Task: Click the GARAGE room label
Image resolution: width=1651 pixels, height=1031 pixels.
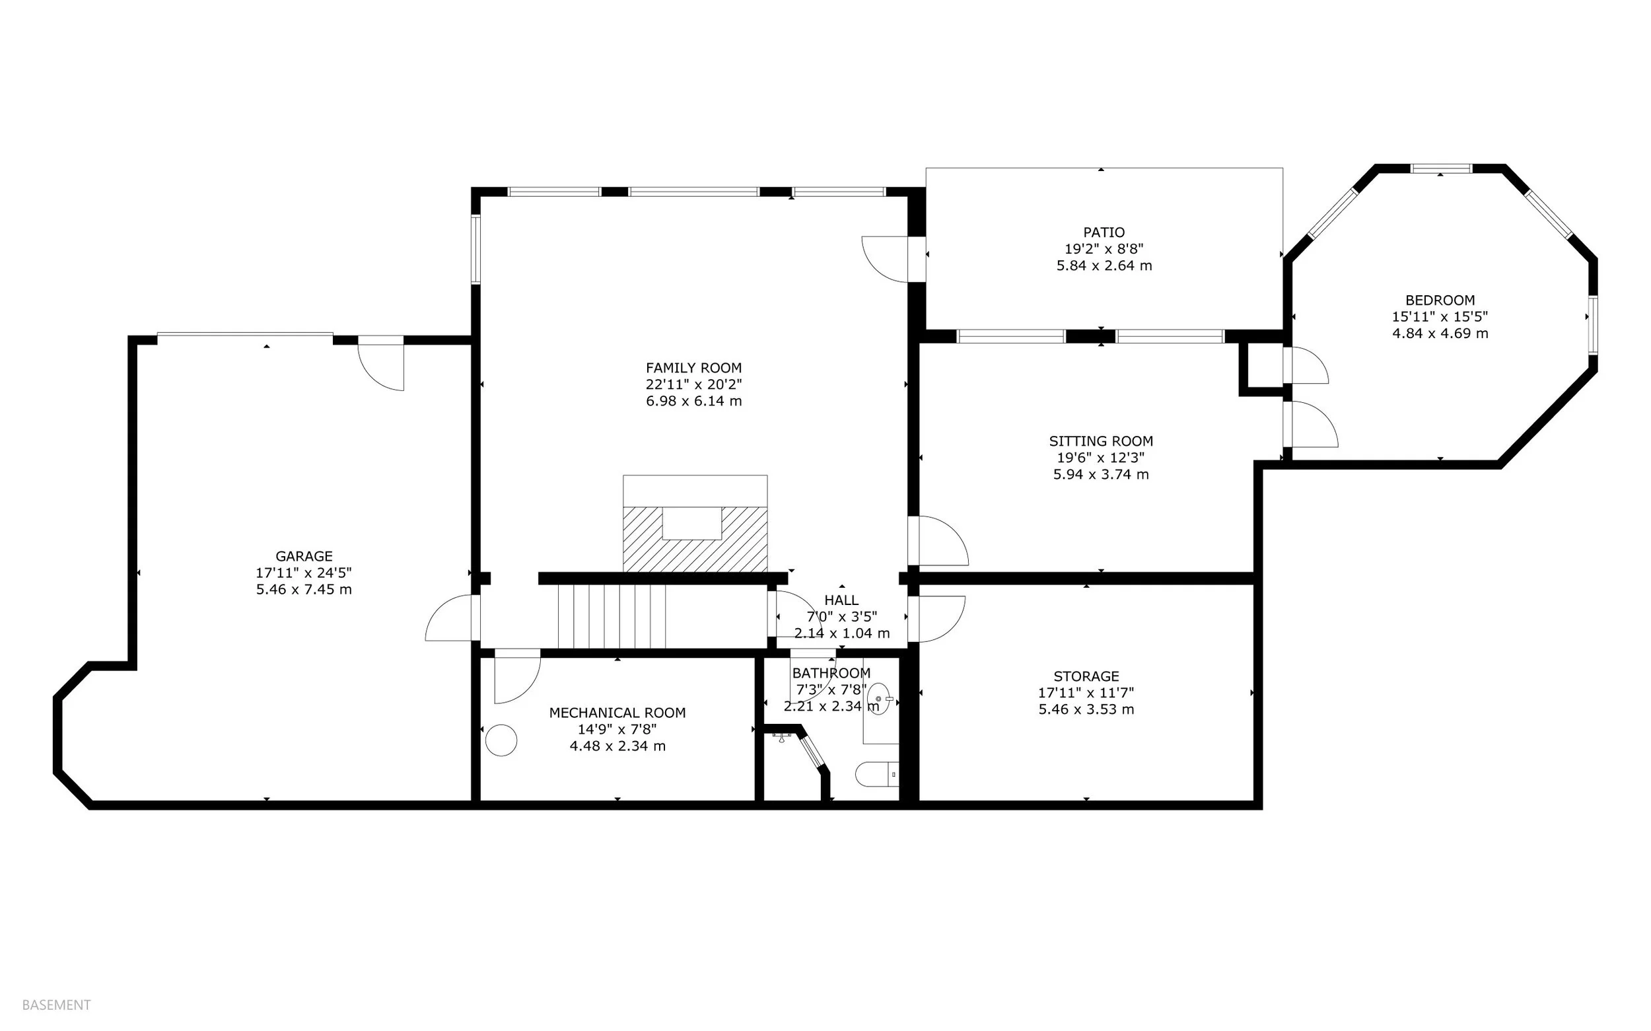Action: pos(304,556)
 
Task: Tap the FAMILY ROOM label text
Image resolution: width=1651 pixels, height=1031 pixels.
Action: pos(694,369)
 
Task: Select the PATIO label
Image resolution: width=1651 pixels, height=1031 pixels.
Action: pos(1104,232)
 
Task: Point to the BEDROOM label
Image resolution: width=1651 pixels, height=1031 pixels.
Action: pos(1440,300)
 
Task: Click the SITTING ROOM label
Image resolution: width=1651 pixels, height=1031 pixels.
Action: pos(1101,441)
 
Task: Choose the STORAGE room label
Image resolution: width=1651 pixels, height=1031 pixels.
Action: pos(1086,676)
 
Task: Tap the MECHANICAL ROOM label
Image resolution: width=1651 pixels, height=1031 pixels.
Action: pos(617,713)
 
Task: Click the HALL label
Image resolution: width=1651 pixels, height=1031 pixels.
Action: pos(841,600)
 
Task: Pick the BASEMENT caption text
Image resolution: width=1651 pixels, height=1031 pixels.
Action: pos(56,1005)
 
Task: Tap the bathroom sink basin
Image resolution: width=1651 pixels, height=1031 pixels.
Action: pos(880,699)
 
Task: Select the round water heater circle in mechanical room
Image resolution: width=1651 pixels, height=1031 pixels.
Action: pos(501,740)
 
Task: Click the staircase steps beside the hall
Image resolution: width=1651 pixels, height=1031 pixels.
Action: pos(612,616)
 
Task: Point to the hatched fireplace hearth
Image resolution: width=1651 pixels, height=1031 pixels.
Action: pos(695,540)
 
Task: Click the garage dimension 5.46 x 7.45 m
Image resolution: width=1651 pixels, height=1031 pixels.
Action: pos(304,590)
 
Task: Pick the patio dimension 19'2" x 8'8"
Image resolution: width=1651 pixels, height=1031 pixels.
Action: pos(1104,249)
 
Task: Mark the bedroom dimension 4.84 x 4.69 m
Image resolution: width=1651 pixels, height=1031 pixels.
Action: pos(1440,334)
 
